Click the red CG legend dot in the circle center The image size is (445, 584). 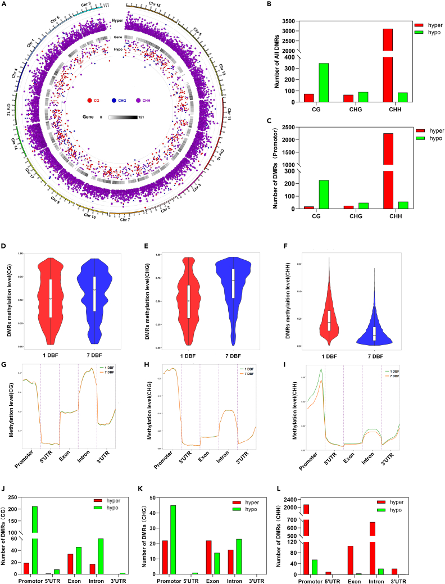(89, 101)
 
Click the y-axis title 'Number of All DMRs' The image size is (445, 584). (277, 61)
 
